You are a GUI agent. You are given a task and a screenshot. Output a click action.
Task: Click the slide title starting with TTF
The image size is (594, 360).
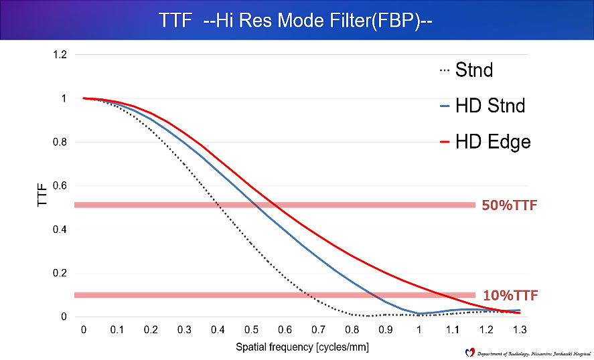297,20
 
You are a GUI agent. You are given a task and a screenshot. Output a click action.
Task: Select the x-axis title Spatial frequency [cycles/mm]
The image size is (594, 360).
301,347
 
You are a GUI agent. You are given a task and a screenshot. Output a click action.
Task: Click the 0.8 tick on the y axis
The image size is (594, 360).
60,143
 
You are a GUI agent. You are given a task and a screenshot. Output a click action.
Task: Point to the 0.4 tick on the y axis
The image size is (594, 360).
60,230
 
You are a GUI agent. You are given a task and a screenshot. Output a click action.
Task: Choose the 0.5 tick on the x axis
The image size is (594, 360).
251,329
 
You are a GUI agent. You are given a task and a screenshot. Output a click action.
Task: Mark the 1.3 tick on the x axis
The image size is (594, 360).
519,329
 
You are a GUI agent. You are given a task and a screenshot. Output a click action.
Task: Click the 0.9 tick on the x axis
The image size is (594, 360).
385,329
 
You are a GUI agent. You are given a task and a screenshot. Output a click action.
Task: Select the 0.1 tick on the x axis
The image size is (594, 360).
117,329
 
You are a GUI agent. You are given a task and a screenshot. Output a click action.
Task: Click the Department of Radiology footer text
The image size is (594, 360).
529,352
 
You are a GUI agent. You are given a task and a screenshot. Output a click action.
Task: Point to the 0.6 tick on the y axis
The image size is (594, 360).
60,186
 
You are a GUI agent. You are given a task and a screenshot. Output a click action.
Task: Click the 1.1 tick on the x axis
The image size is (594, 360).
452,329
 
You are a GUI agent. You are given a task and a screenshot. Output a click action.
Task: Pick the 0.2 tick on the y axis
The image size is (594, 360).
60,273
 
